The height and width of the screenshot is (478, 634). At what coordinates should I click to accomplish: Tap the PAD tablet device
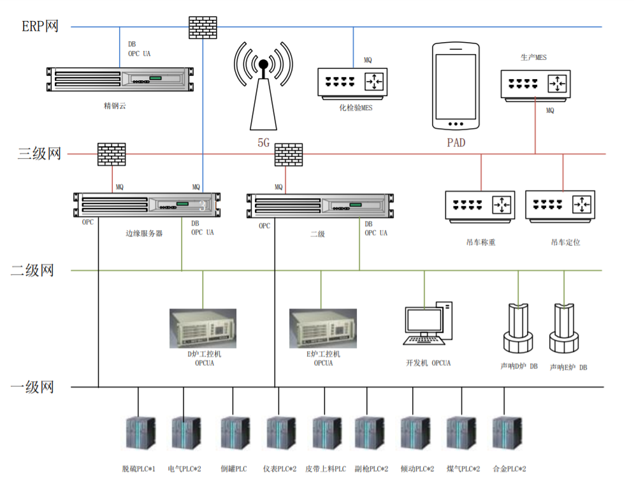point(456,87)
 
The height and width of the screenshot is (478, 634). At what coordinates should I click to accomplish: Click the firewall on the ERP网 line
point(203,25)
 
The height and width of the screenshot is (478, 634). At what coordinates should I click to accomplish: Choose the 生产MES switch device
point(535,83)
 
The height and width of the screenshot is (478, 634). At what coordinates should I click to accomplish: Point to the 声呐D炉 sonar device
point(517,328)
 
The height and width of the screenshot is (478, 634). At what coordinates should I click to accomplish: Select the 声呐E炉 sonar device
point(563,328)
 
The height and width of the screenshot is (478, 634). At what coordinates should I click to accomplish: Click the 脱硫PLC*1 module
point(139,433)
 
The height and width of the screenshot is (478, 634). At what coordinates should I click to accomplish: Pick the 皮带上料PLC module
point(325,433)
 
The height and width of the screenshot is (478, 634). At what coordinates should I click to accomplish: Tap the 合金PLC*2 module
point(506,433)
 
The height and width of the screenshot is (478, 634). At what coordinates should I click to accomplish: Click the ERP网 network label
point(40,27)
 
